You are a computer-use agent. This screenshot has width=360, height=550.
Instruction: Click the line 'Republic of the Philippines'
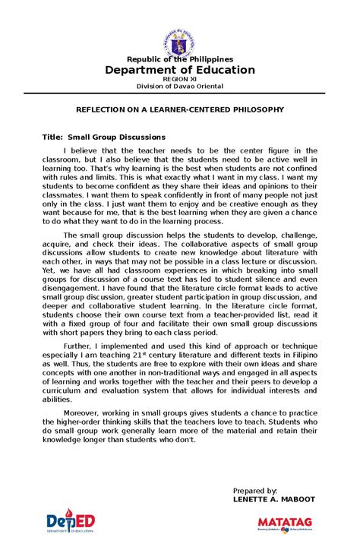pos(180,59)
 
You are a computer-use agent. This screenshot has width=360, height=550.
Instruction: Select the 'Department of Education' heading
pos(180,70)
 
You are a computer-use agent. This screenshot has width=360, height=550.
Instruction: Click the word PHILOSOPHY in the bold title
pos(255,109)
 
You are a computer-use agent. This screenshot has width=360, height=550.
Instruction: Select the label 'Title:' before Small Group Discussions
pos(52,137)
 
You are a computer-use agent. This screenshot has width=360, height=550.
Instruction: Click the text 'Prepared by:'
pos(255,492)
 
